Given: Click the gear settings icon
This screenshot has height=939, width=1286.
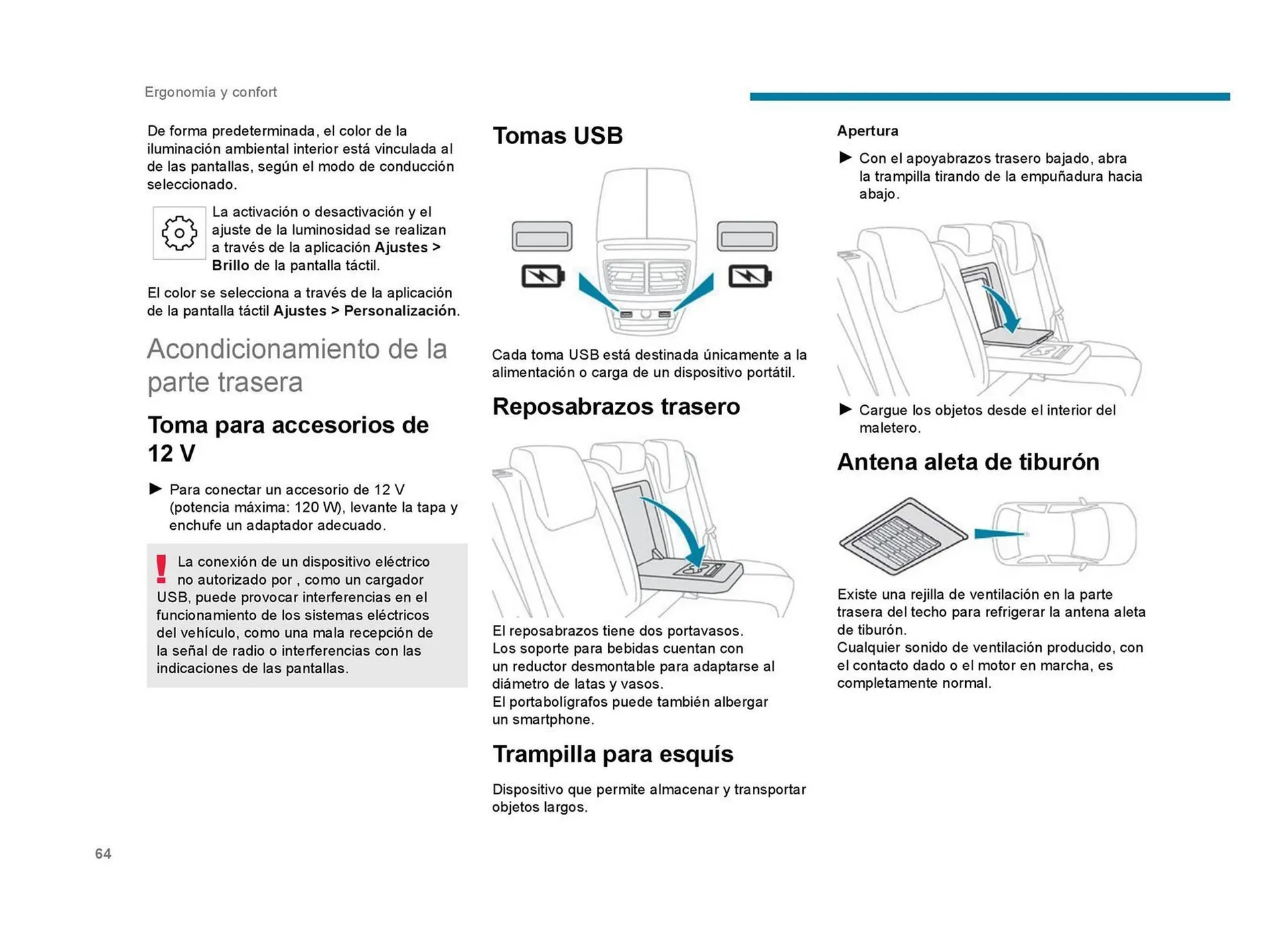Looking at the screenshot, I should pos(179,233).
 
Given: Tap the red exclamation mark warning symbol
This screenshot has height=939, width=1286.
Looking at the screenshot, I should pos(161,569).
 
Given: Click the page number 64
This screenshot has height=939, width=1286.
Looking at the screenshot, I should pos(103,853).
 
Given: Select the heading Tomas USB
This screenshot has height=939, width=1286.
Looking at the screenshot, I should pos(557,136).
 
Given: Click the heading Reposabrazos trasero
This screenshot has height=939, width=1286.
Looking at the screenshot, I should pos(616,407).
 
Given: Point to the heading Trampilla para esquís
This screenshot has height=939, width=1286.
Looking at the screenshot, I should pos(612,754).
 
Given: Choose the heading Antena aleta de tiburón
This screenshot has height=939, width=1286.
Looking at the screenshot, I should pos(968,462).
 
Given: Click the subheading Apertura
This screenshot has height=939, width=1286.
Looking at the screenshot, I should pos(867,131).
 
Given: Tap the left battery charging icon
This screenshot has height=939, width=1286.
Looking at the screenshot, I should pos(543,276).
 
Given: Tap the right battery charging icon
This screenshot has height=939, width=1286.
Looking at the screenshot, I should pos(749,276).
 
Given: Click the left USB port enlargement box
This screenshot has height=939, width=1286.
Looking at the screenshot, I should pos(542,237).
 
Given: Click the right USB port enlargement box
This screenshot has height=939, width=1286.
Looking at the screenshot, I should pos(747,237).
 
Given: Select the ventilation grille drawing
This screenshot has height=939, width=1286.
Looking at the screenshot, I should pos(902,536).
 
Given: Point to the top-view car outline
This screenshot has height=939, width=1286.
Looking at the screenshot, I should pos(1065,534).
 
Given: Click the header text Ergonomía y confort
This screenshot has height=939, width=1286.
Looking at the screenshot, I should pos(210,92).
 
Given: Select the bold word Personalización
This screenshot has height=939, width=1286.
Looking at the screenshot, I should pos(400,311).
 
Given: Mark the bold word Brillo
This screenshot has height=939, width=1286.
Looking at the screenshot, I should pos(230,265).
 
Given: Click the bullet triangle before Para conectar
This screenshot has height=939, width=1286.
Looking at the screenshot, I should pos(155,489).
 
